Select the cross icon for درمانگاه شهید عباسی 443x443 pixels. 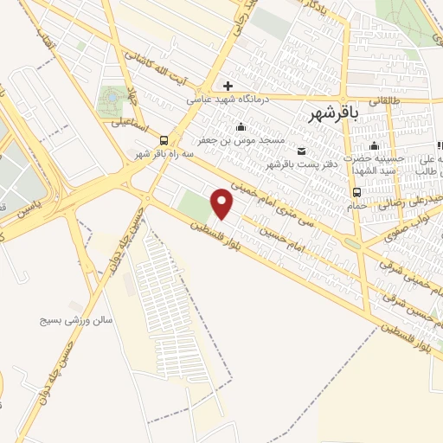coord(228,86)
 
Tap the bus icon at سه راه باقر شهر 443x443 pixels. coord(164,142)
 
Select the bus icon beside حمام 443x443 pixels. coord(356,192)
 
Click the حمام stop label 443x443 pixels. coord(362,206)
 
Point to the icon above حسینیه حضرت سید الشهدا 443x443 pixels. coord(374,145)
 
